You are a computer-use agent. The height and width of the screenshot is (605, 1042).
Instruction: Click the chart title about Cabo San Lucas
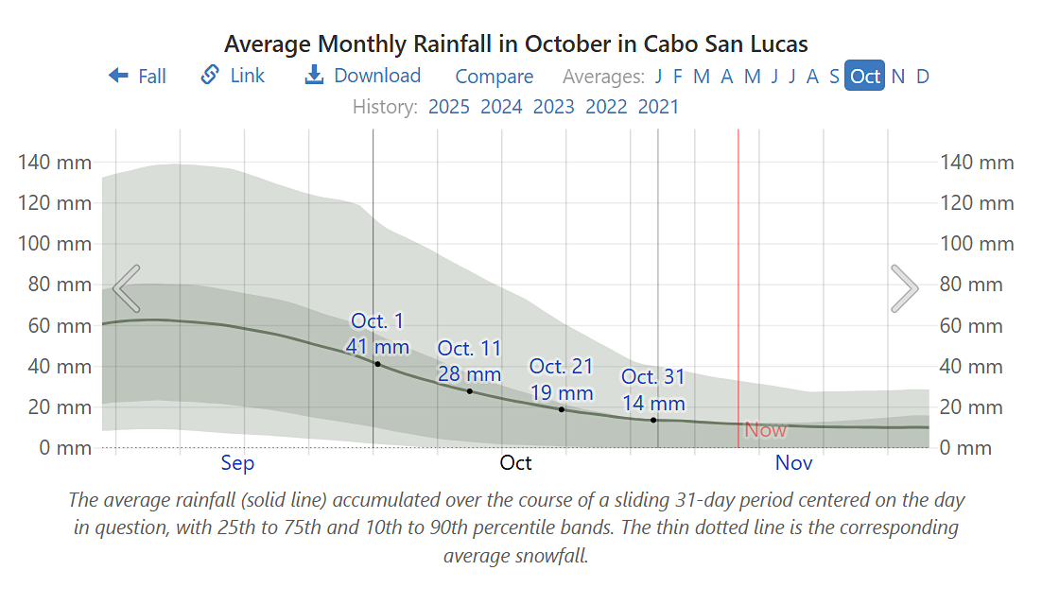(x=516, y=43)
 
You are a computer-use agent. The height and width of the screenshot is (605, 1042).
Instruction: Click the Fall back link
(x=138, y=77)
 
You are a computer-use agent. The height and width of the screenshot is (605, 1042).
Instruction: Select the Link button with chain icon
(x=234, y=76)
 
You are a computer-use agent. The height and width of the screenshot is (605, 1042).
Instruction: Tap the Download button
(x=363, y=76)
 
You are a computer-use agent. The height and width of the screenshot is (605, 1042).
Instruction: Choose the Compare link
(x=494, y=77)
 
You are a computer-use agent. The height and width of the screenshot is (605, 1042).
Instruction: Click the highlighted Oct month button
(x=864, y=77)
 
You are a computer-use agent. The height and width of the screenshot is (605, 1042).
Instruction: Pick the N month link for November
(x=897, y=77)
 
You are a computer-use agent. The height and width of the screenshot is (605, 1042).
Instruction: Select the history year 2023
(x=553, y=106)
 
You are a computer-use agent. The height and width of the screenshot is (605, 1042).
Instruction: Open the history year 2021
(x=658, y=106)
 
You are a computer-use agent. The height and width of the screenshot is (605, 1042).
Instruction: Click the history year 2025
(x=448, y=106)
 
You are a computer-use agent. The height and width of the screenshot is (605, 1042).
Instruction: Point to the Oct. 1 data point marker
(x=377, y=364)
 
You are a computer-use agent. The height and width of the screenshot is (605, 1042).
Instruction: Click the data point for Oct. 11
(x=469, y=391)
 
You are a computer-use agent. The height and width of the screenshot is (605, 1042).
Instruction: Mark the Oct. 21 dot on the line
(x=562, y=409)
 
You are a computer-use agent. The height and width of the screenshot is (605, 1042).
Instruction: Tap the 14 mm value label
(x=652, y=403)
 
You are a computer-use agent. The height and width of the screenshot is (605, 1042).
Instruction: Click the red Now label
(x=765, y=430)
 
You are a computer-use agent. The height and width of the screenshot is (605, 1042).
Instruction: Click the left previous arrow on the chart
(x=126, y=288)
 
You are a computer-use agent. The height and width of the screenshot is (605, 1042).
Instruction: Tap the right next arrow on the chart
(x=904, y=288)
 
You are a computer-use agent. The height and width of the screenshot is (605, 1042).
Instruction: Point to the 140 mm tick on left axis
(x=55, y=163)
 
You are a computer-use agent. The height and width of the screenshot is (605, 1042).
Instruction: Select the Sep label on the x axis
(x=237, y=463)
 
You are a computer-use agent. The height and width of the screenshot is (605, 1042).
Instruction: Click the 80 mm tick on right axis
(x=977, y=285)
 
